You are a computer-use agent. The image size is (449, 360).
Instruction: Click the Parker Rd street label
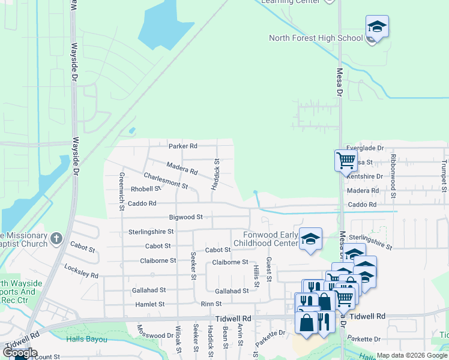[182, 146]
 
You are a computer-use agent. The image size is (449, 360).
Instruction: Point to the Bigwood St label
[185, 217]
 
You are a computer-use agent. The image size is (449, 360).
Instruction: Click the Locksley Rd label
[80, 271]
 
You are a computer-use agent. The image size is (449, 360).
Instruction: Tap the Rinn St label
[211, 304]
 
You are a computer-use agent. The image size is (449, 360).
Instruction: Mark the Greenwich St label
[121, 191]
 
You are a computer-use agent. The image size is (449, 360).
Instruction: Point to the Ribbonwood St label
[393, 175]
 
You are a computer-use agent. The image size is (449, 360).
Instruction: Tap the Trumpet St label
[444, 175]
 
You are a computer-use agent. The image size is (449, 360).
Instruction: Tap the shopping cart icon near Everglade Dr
[346, 160]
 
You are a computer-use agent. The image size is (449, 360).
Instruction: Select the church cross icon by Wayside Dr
[56, 239]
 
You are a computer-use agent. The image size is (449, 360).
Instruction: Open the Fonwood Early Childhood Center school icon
[310, 239]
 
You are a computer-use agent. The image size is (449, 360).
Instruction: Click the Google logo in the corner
[20, 353]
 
